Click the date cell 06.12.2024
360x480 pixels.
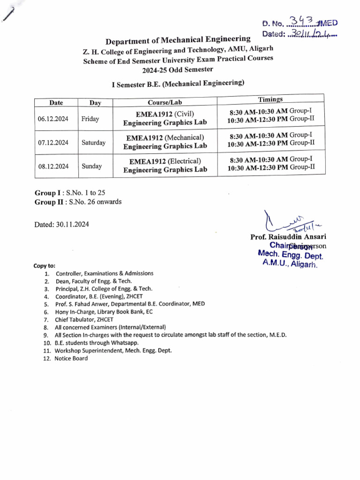pyautogui.click(x=52, y=119)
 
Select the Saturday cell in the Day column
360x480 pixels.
pyautogui.click(x=93, y=142)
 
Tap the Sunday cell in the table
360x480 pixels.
pyautogui.click(x=91, y=166)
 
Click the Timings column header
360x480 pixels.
pyautogui.click(x=270, y=99)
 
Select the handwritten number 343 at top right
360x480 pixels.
pyautogui.click(x=302, y=20)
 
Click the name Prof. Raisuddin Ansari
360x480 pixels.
pyautogui.click(x=289, y=237)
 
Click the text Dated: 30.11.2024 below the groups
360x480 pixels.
pyautogui.click(x=61, y=224)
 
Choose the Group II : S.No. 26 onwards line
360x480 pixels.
pyautogui.click(x=78, y=202)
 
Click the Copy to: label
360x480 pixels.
pyautogui.click(x=44, y=265)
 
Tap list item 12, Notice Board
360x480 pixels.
pyautogui.click(x=70, y=358)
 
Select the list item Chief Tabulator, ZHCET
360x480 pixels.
pyautogui.click(x=84, y=319)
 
